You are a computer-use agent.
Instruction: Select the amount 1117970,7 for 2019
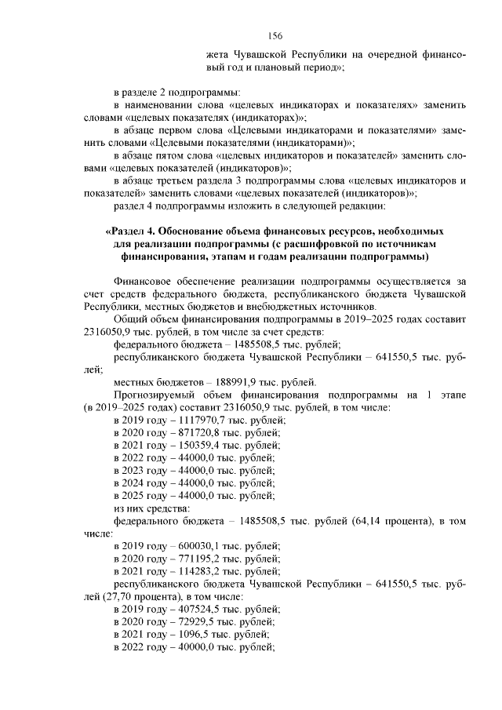(x=187, y=421)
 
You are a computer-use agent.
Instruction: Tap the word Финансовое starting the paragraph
(x=146, y=281)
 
